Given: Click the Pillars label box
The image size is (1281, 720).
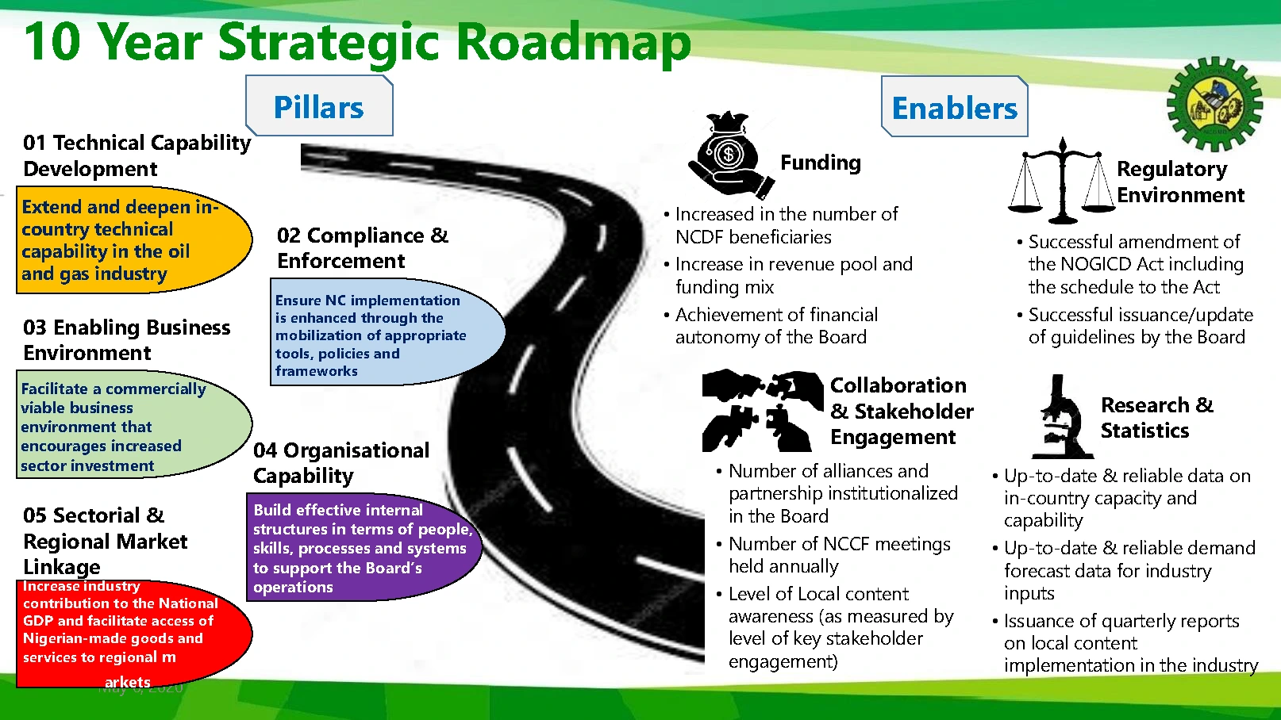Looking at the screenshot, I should (319, 106).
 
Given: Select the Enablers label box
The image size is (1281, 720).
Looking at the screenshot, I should (954, 107).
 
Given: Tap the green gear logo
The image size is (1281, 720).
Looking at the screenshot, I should (1214, 104).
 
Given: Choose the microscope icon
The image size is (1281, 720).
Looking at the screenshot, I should (1063, 418).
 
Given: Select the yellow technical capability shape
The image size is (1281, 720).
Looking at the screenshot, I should (131, 240).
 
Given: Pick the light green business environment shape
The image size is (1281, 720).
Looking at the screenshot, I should (131, 426).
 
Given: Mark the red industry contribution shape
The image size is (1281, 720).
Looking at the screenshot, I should (131, 632).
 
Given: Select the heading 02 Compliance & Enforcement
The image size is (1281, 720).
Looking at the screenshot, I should (362, 247).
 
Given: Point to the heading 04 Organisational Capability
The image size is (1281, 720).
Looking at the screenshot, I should (340, 462).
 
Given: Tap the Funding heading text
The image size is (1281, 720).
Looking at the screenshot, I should (820, 163).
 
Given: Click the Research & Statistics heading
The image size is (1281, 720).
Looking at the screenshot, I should (1156, 417).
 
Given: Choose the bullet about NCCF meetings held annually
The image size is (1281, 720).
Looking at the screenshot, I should (839, 555).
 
